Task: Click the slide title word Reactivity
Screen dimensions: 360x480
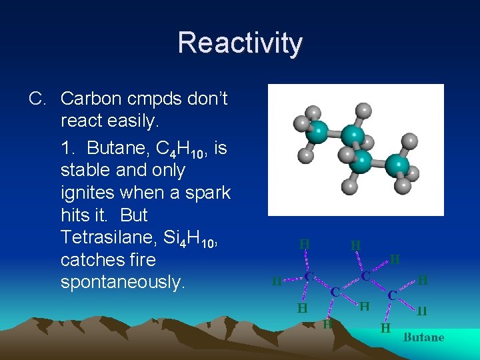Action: tap(240, 43)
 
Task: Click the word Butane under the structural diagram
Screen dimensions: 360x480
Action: tap(423, 337)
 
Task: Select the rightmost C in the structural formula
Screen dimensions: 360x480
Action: tap(393, 293)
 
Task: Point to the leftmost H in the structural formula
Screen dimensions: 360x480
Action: tap(276, 281)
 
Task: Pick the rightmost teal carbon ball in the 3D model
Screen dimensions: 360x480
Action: tap(397, 164)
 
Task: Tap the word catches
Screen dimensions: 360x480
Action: tap(90, 260)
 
